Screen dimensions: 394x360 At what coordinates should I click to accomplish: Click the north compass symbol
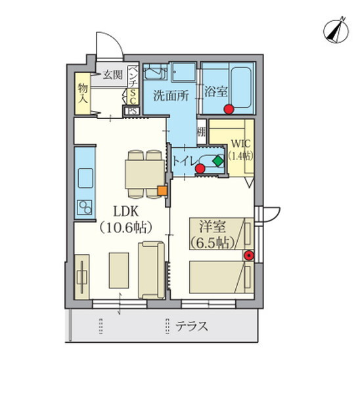[336, 30]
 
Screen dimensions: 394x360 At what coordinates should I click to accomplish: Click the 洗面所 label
[171, 94]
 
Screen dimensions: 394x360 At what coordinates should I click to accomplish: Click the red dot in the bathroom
[228, 108]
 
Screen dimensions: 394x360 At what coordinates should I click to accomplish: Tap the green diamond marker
[217, 160]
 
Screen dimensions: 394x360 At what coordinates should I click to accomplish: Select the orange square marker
[162, 191]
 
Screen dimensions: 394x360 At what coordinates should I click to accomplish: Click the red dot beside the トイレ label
[200, 169]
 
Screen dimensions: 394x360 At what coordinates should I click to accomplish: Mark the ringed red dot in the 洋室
[248, 255]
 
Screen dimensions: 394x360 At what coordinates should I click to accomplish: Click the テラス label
[192, 325]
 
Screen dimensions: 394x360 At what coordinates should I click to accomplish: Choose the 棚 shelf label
[201, 132]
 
